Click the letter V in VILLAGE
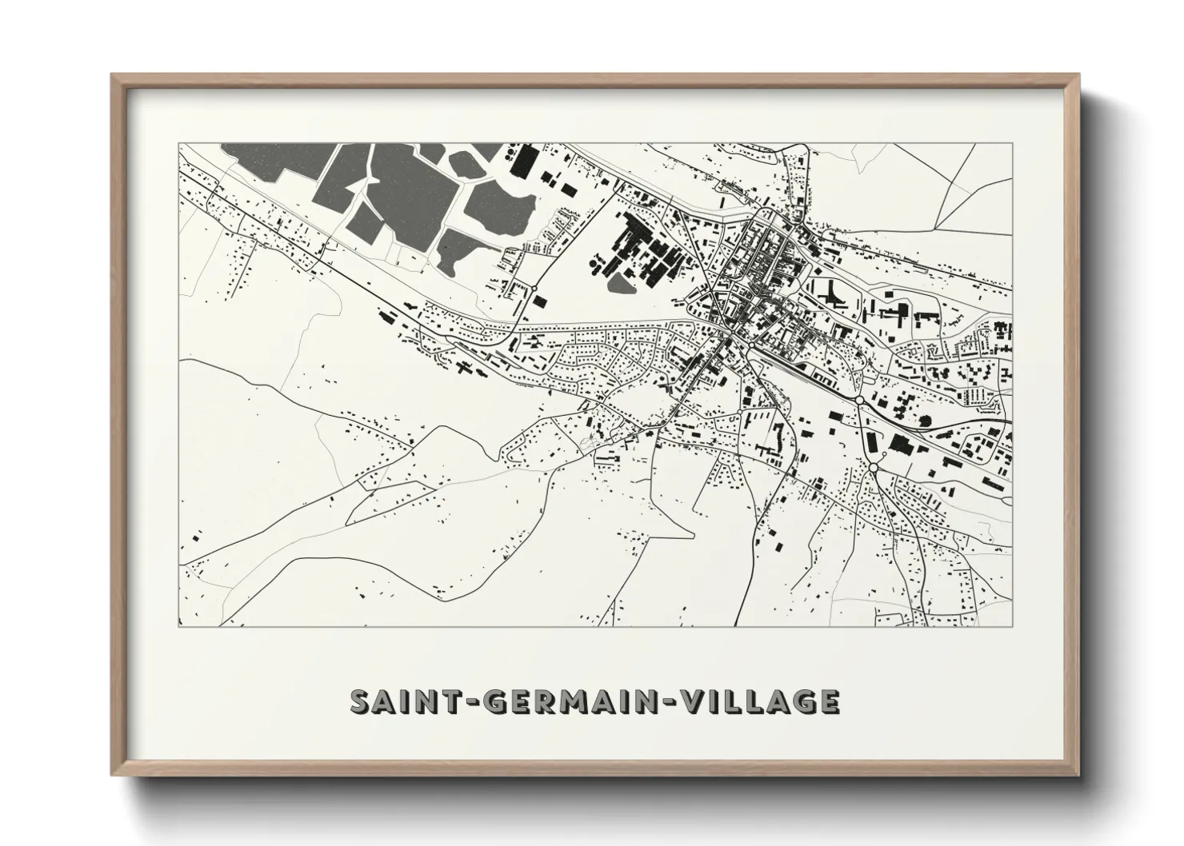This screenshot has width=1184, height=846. (690, 701)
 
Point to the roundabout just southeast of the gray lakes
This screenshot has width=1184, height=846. (533, 288)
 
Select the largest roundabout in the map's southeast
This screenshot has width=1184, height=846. (874, 467)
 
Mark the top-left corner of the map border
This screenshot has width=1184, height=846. (178, 144)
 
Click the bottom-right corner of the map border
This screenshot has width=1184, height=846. (1012, 626)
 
